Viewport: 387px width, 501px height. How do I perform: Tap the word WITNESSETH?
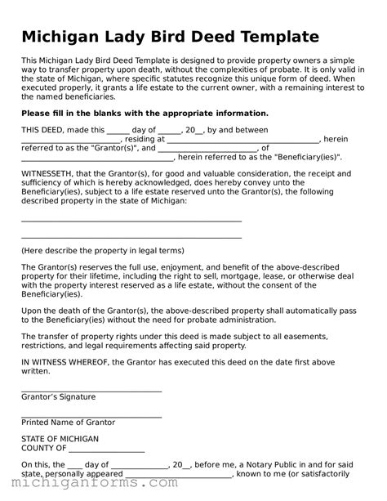pyautogui.click(x=51, y=174)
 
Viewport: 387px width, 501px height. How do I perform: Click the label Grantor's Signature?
pyautogui.click(x=58, y=396)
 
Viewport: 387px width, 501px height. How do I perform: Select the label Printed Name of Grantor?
pyautogui.click(x=68, y=423)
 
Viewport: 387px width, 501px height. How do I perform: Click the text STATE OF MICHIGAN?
pyautogui.click(x=60, y=439)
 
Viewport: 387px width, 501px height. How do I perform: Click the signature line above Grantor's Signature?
pyautogui.click(x=91, y=390)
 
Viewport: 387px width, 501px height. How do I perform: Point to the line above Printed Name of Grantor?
pyautogui.click(x=91, y=416)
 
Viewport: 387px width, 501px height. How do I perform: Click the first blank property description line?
pyautogui.click(x=131, y=221)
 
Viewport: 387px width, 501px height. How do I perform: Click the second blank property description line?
pyautogui.click(x=131, y=237)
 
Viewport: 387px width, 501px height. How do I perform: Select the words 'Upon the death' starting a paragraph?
pyautogui.click(x=49, y=311)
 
